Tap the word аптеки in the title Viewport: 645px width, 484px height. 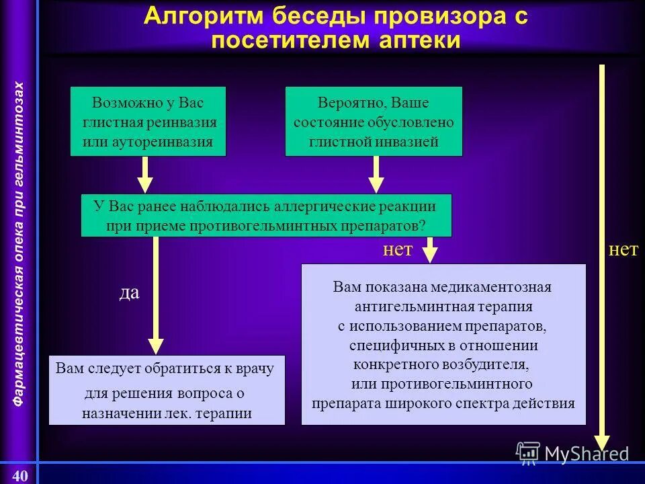coord(420,40)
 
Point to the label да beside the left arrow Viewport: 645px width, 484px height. coord(129,294)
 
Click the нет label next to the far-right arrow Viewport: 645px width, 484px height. coord(622,250)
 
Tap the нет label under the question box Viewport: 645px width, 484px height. coord(397,250)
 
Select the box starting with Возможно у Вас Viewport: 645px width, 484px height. coord(148,122)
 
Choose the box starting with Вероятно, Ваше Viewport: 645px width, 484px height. coord(374,122)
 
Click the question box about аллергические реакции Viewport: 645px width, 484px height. coord(266,215)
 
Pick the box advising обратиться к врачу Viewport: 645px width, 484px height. coord(167,391)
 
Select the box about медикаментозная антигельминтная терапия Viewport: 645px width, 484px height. coord(443,344)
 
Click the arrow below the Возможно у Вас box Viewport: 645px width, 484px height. coord(145,175)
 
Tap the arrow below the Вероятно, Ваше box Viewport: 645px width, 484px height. coord(376,175)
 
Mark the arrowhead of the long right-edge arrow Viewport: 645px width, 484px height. coord(602,442)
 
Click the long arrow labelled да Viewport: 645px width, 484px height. coord(156,296)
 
